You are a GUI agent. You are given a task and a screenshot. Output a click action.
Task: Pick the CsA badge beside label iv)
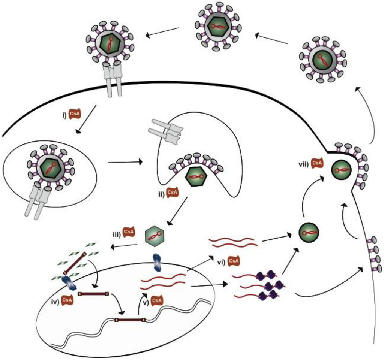67,300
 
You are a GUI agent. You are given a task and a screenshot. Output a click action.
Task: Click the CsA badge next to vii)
317,163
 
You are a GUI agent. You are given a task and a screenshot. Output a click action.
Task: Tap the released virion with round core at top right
322,60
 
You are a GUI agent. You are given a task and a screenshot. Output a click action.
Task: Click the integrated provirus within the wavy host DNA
130,320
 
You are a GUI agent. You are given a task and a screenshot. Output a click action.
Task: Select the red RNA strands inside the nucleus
163,281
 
